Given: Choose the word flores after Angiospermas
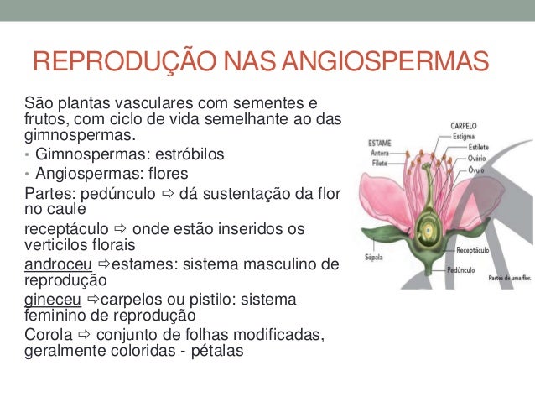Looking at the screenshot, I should (166, 175).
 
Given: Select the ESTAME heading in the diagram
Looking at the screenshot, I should (381, 143).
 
